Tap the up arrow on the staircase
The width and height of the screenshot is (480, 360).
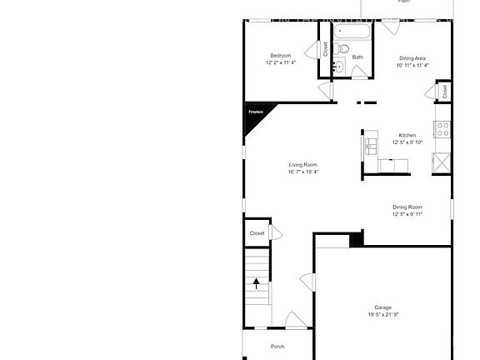tap(257, 283)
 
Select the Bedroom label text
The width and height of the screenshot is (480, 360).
tap(280, 56)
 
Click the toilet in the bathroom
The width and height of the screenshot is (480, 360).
tap(339, 66)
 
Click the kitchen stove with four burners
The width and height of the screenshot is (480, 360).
tap(442, 129)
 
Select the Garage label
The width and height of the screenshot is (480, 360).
tap(382, 307)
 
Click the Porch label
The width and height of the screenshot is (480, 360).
tap(277, 347)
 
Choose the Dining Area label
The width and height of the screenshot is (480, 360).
tap(412, 58)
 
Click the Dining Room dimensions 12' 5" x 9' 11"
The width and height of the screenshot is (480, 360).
tap(407, 214)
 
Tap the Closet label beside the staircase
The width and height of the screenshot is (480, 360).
tap(257, 233)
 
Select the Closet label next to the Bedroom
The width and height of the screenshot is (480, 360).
tap(325, 50)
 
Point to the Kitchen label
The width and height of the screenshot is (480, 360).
tap(407, 135)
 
